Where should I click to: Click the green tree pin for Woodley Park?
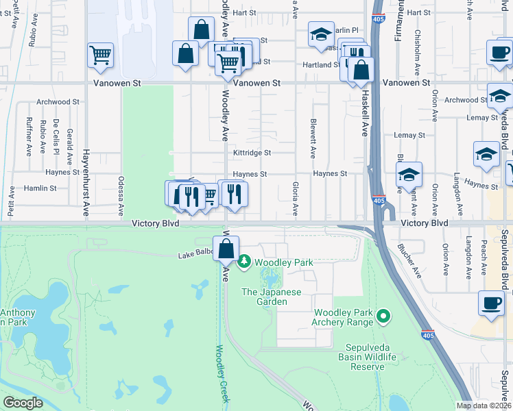[244, 262]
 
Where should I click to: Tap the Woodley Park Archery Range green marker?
[383, 316]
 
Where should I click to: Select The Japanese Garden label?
[271, 297]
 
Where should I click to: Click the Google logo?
[23, 403]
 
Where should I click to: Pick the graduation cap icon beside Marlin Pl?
[320, 35]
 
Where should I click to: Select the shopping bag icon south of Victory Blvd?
[226, 248]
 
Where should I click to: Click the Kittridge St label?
[252, 153]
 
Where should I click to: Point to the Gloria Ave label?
[296, 198]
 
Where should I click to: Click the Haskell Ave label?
[366, 112]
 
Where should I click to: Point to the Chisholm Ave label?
[416, 56]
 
